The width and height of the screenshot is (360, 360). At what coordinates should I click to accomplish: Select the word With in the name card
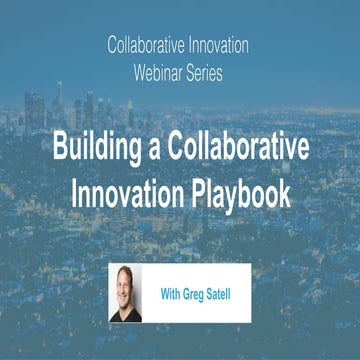coord(172,295)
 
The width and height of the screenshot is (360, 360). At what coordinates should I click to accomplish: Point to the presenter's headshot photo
coord(126,294)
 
